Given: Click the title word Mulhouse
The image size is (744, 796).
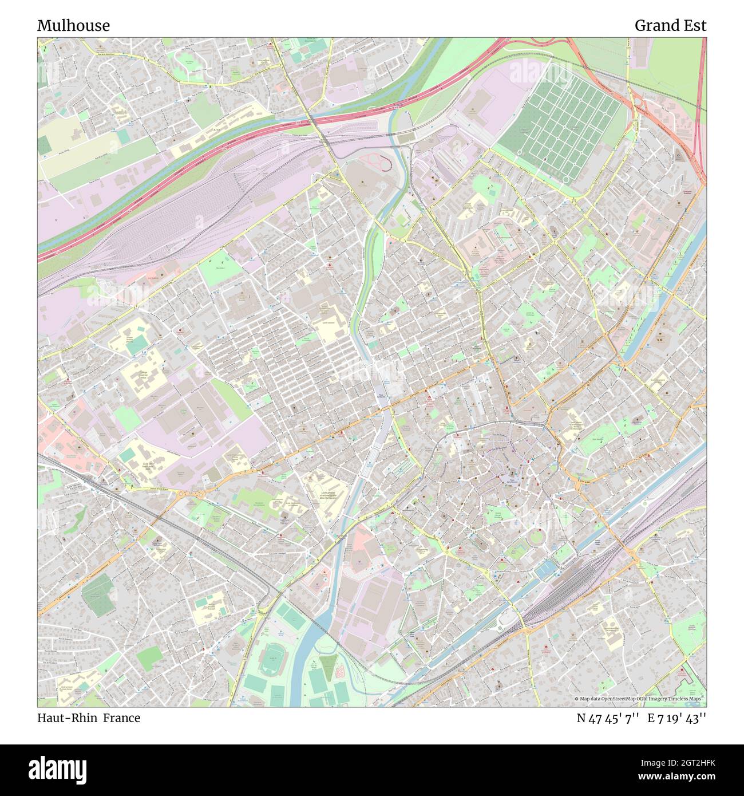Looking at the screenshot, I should pos(73,26).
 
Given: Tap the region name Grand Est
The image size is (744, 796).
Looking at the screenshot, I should pos(670,26).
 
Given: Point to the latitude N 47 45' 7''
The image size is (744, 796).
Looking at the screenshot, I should pos(608,718).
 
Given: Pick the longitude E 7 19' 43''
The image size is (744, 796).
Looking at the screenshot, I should pos(677,718).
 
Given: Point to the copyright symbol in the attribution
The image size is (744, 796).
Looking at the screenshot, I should pos(576,699).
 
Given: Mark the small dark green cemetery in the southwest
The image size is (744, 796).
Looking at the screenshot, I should pos(97,596).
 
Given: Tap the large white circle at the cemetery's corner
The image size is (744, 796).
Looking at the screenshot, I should pos(566,180).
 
